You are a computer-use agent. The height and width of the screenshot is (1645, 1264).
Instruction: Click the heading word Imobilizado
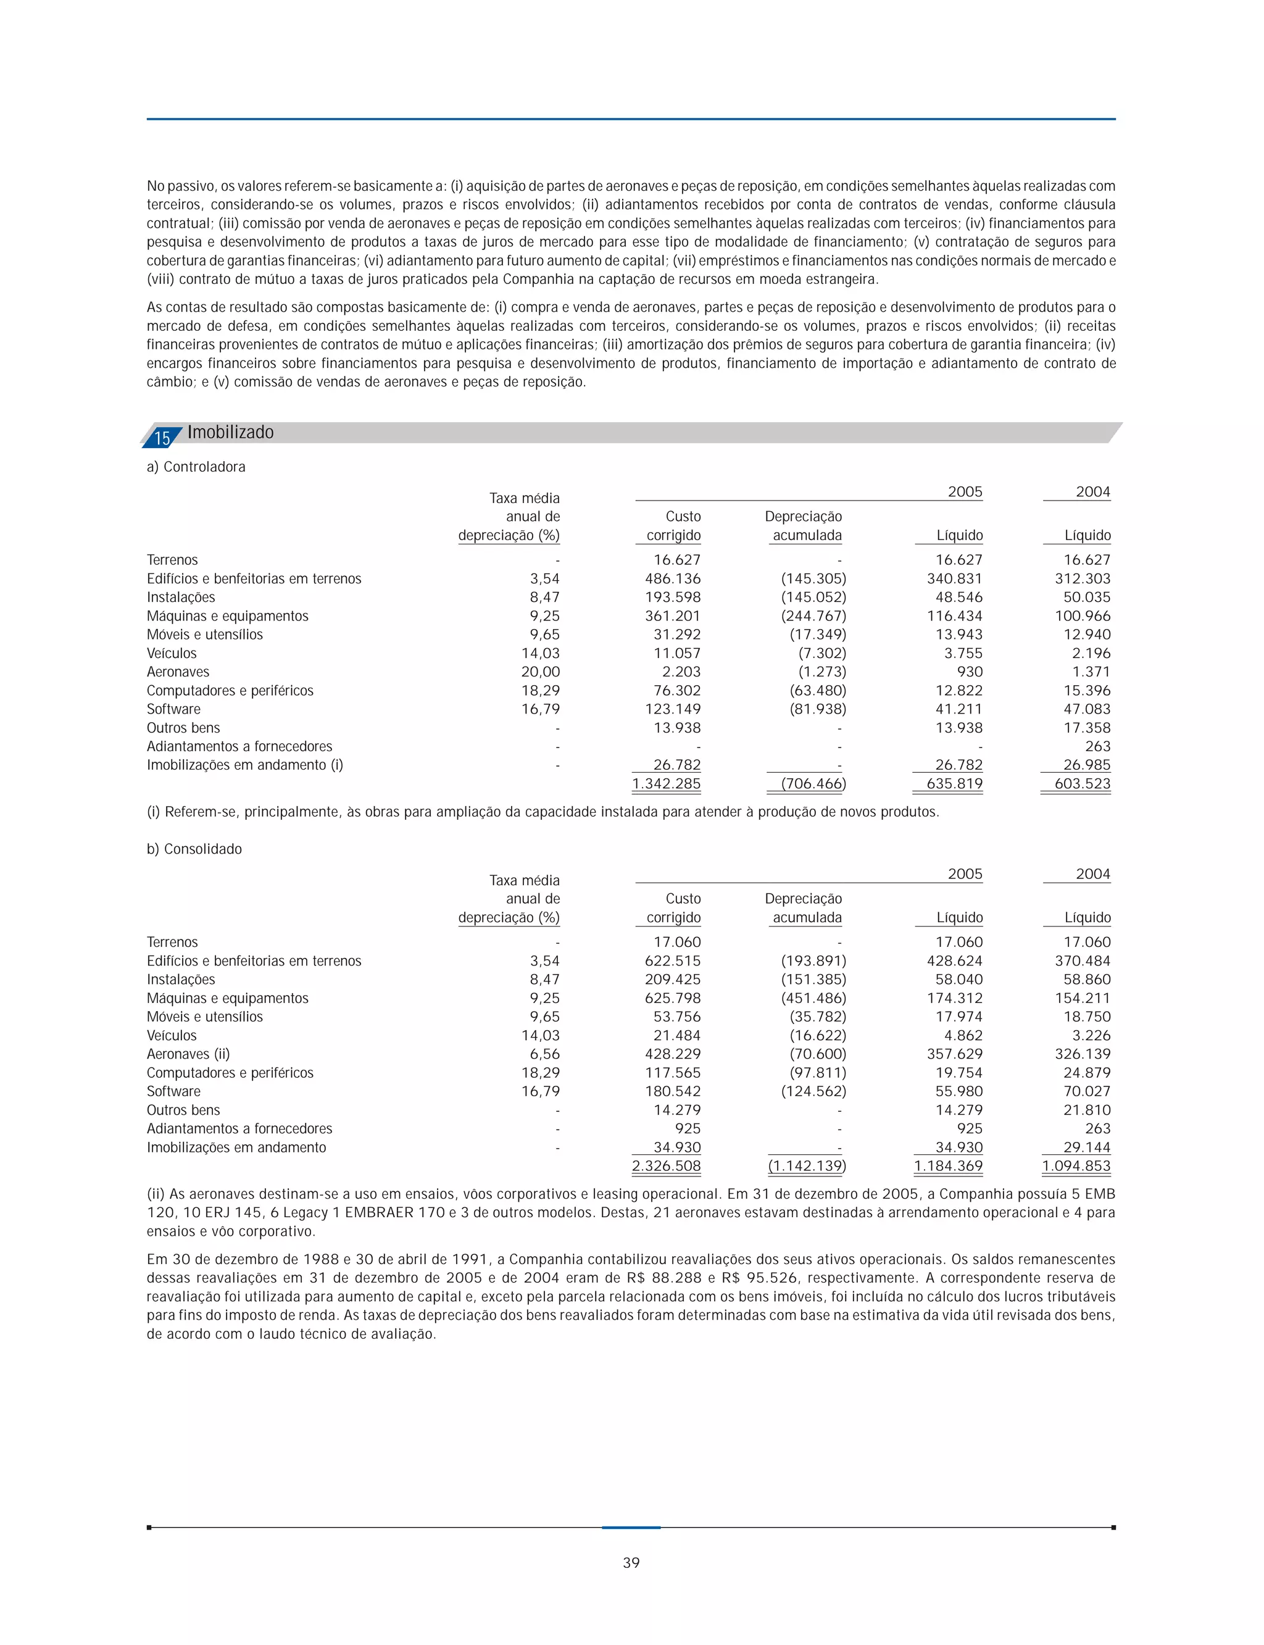point(230,432)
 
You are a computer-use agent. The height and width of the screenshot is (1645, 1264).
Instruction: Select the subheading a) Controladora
point(196,467)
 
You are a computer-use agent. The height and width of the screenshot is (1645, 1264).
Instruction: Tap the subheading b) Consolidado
point(194,849)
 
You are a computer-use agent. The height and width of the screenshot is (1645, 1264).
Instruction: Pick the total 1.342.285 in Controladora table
point(666,783)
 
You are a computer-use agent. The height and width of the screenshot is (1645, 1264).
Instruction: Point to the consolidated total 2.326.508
point(666,1165)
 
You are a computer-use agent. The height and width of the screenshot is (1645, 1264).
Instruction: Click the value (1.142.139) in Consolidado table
point(807,1165)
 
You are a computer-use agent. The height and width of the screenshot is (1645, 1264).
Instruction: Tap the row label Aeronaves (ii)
point(188,1054)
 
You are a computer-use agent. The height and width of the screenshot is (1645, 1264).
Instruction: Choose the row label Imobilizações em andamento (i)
point(244,765)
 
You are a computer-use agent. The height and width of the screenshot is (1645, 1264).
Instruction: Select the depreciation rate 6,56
point(545,1054)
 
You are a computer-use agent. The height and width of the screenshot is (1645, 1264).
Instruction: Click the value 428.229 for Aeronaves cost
point(673,1054)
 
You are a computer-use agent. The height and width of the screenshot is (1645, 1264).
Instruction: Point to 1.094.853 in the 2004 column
point(1076,1165)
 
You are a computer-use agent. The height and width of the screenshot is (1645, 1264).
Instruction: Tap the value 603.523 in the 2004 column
point(1082,783)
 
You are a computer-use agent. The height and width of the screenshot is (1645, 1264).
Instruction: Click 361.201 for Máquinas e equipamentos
point(673,615)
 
